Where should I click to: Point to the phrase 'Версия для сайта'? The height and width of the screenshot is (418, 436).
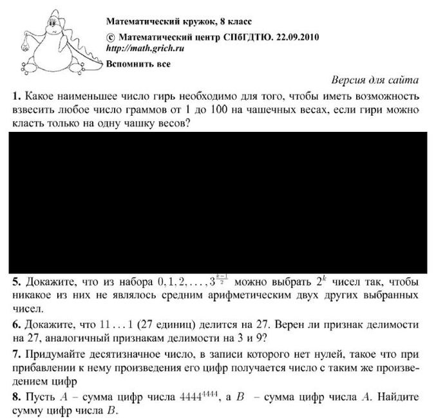[375, 80]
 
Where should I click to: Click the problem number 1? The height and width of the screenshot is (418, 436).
[15, 96]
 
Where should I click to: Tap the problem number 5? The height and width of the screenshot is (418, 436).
[15, 282]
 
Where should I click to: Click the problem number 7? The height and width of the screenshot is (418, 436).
[15, 354]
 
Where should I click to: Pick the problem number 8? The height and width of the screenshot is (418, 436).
[15, 397]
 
